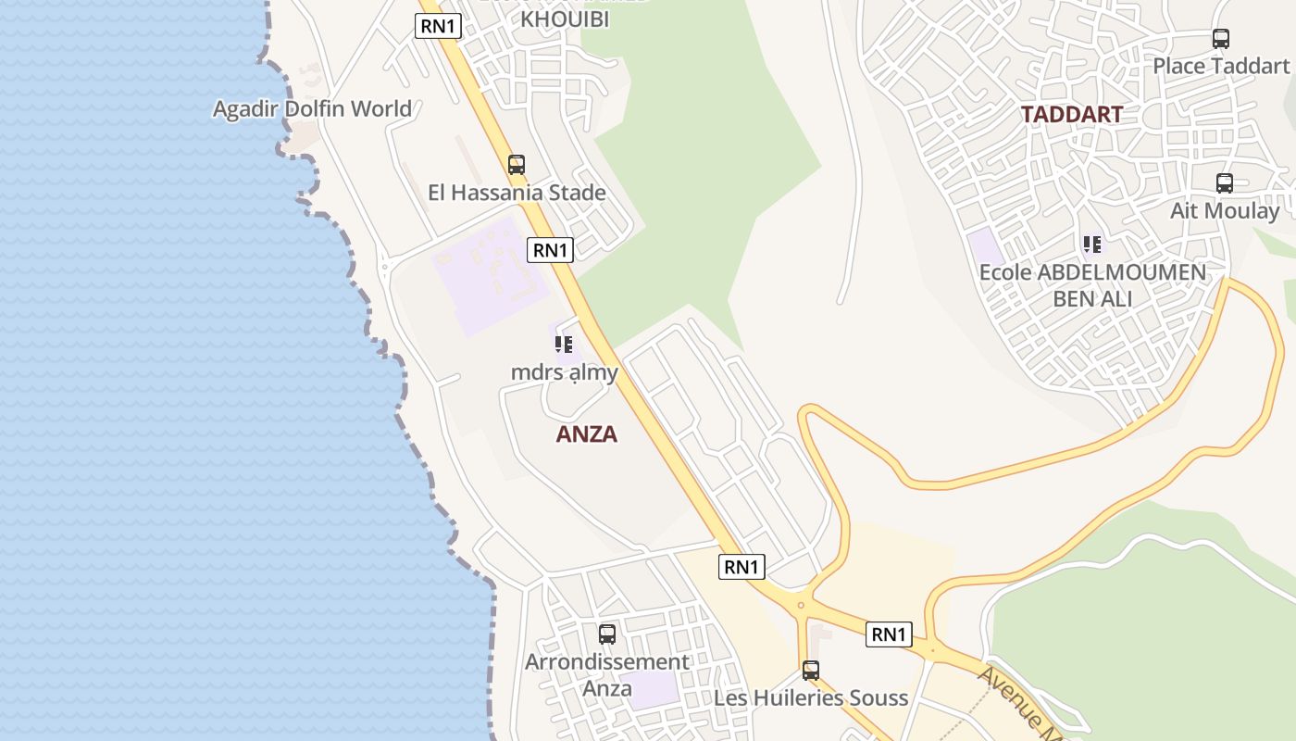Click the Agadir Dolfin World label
[312, 109]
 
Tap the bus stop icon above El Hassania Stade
[517, 165]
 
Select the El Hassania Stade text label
[517, 193]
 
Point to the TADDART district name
[1071, 115]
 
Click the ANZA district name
[586, 434]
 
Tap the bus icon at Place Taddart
[1221, 39]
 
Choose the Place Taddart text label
[1220, 66]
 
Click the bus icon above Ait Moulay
[1225, 183]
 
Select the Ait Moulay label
[1224, 211]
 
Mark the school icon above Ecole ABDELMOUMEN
[1092, 245]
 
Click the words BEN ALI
[1092, 298]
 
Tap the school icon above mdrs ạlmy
[564, 345]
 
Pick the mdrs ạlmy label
[564, 372]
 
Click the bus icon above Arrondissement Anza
[607, 634]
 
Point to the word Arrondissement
[607, 662]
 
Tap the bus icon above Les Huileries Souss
[811, 670]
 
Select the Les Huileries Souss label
[811, 697]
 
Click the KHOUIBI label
[566, 19]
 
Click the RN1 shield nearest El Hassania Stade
[550, 249]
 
